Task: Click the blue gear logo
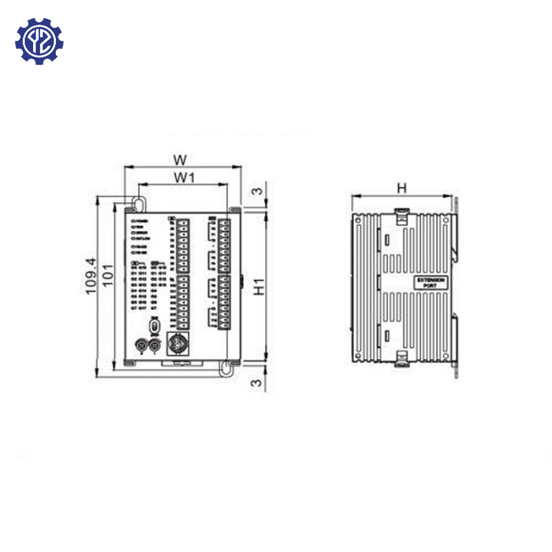(x=39, y=41)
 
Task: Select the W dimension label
(x=181, y=159)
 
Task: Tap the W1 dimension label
(x=184, y=178)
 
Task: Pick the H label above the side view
(x=401, y=188)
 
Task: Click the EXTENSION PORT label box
(x=431, y=282)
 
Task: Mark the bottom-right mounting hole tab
(x=227, y=367)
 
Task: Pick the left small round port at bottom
(x=141, y=345)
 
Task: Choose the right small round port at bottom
(x=155, y=345)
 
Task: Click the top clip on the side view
(x=401, y=214)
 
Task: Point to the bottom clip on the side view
(x=401, y=360)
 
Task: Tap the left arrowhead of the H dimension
(x=353, y=196)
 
